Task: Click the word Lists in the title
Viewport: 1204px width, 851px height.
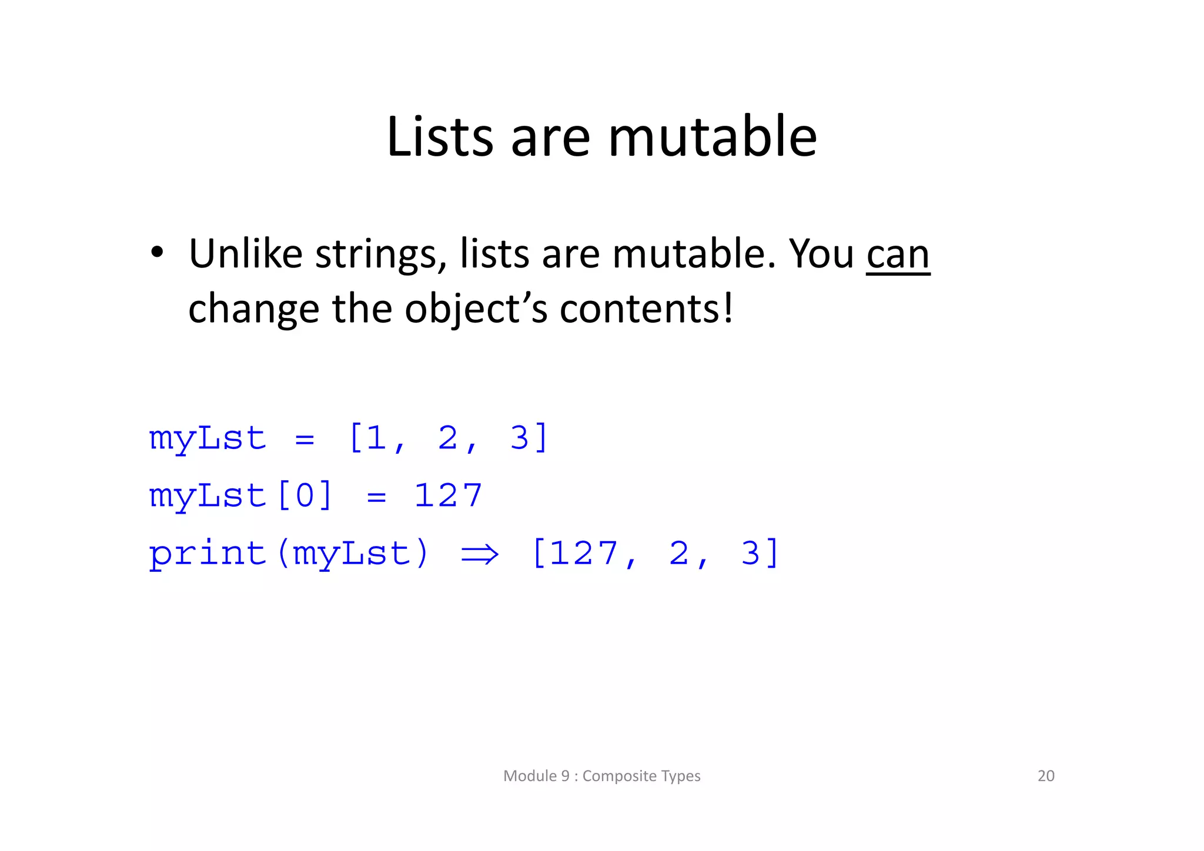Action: click(x=440, y=137)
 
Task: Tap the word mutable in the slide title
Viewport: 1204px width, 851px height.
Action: click(x=712, y=137)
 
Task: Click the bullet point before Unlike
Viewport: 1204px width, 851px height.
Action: click(x=156, y=253)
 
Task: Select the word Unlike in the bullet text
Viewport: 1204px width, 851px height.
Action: click(x=245, y=254)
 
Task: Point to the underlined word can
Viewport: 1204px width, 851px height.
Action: click(x=898, y=255)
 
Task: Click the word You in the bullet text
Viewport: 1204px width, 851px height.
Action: click(x=821, y=254)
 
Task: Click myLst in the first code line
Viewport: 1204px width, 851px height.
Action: click(x=208, y=438)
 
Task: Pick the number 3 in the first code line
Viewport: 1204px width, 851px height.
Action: click(x=520, y=438)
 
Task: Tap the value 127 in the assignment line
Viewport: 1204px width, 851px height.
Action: click(x=448, y=495)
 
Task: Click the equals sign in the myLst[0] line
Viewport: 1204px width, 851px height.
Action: click(x=376, y=498)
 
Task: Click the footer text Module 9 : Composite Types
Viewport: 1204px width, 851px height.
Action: click(x=601, y=776)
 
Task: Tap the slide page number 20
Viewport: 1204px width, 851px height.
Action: click(x=1046, y=776)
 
